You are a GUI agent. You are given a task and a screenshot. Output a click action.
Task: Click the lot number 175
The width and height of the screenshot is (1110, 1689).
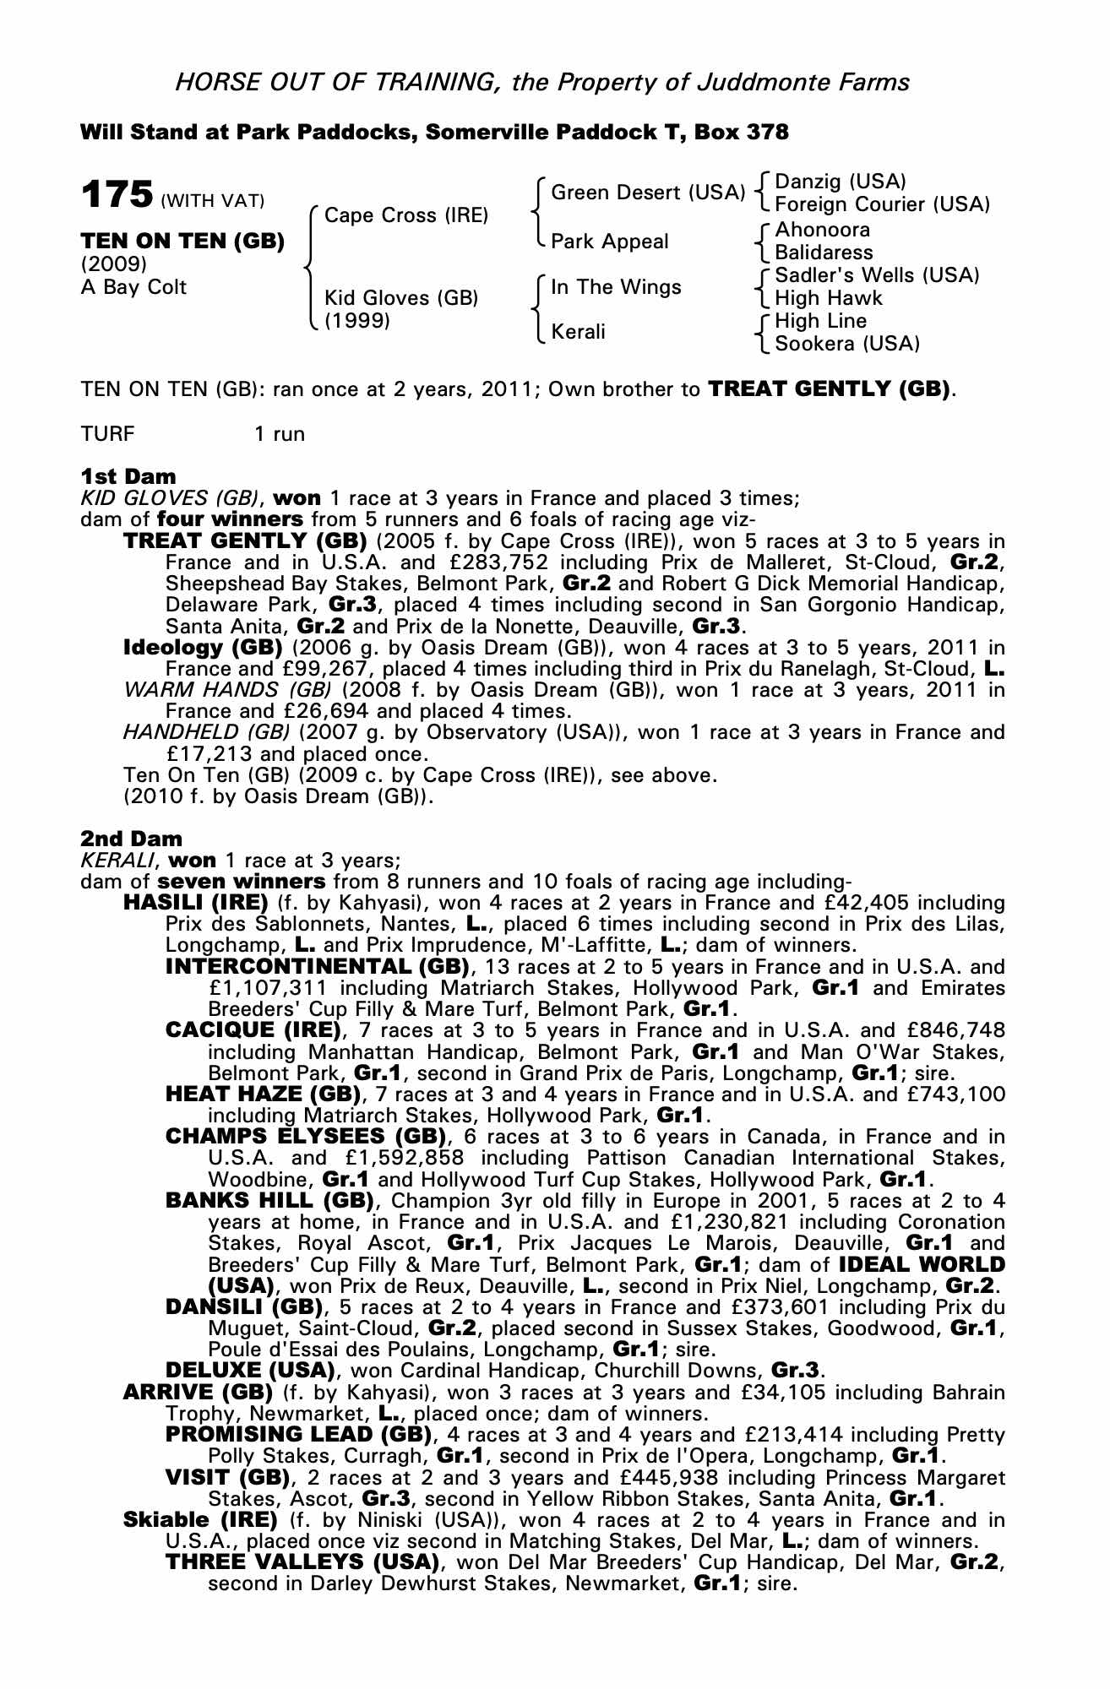pos(116,194)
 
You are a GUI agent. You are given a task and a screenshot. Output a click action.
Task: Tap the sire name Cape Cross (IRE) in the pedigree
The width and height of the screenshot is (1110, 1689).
pos(405,215)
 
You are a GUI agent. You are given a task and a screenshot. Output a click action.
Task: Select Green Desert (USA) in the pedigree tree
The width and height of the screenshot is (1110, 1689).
pos(647,193)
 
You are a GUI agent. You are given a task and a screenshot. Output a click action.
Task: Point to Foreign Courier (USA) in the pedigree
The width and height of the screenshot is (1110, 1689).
pos(882,204)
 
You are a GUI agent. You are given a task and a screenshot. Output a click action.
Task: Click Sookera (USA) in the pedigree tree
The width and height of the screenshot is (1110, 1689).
pos(847,344)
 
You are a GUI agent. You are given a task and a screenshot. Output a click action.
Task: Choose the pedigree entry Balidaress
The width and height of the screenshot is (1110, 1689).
pos(824,253)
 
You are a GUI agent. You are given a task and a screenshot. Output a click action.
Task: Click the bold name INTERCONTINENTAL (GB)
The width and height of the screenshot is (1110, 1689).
pos(317,966)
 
